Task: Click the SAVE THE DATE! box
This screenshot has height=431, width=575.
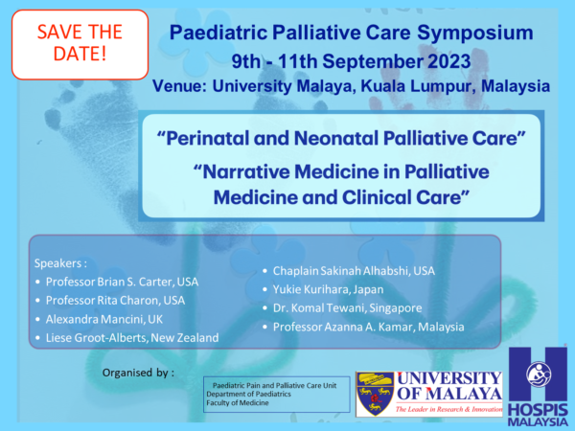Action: click(x=80, y=44)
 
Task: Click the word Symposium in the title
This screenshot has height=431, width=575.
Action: click(x=475, y=33)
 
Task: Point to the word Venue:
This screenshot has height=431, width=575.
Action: click(x=180, y=86)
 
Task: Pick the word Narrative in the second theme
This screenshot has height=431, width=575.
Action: click(x=241, y=171)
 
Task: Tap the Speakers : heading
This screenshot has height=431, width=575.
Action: click(x=61, y=263)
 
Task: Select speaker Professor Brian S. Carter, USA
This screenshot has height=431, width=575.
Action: click(x=122, y=282)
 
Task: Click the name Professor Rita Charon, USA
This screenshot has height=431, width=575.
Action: click(x=115, y=301)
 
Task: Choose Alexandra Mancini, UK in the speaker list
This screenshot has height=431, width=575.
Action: click(x=104, y=319)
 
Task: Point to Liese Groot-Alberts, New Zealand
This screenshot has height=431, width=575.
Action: click(x=132, y=337)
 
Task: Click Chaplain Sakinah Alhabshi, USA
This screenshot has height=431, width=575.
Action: click(x=354, y=271)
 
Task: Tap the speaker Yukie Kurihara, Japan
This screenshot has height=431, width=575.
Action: click(x=328, y=289)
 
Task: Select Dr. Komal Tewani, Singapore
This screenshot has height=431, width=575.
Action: click(x=347, y=307)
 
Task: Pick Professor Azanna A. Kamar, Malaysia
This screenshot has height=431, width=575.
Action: click(x=369, y=327)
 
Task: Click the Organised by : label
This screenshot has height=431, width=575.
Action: click(x=138, y=373)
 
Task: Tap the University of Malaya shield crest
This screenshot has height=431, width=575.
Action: click(x=375, y=394)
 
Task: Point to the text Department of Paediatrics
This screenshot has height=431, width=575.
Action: click(x=248, y=394)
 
